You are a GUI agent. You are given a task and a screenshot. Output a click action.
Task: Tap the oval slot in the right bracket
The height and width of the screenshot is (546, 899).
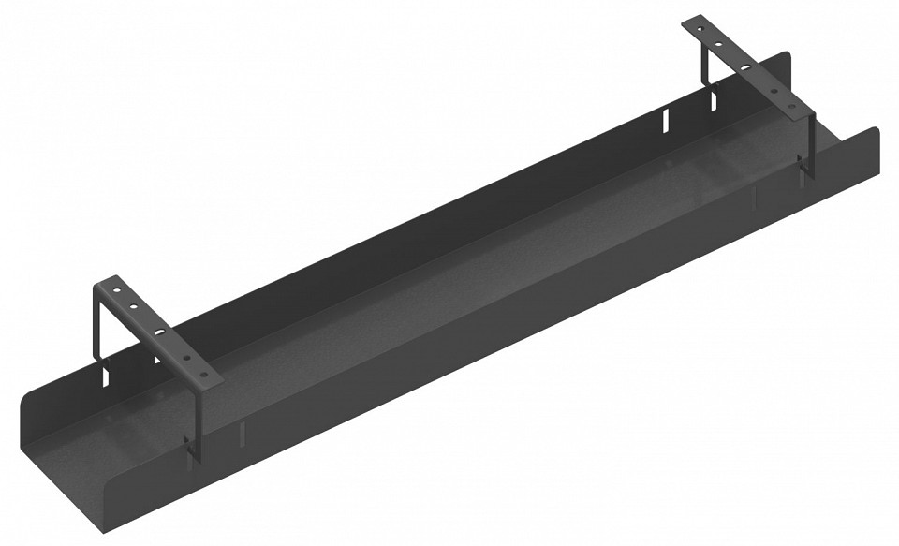click(x=746, y=67)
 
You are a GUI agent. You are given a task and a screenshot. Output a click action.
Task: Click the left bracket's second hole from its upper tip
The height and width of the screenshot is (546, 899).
click(x=134, y=306)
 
